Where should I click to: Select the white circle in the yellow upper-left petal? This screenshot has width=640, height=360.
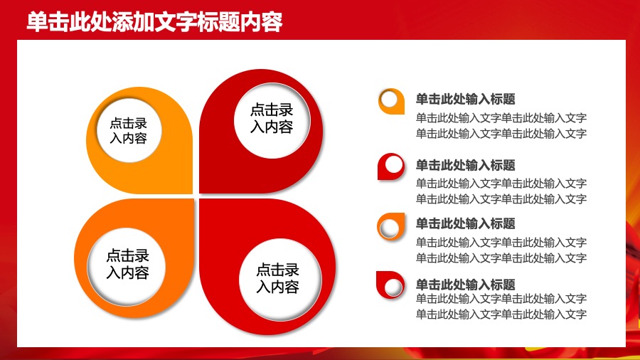click(128, 130)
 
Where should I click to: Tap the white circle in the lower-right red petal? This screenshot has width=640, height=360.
click(277, 278)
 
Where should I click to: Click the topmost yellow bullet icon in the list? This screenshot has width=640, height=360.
click(390, 101)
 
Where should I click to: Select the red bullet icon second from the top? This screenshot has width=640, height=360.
click(390, 166)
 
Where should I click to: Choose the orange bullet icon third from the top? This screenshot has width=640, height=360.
click(390, 226)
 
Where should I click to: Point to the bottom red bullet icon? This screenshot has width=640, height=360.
click(390, 285)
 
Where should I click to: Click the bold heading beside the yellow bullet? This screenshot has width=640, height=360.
click(465, 100)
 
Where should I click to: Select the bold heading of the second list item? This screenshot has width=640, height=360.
click(465, 165)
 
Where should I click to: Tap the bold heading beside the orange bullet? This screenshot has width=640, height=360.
click(465, 223)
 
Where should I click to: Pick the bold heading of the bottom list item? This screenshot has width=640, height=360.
click(465, 284)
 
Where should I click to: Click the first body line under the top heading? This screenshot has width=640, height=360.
click(501, 118)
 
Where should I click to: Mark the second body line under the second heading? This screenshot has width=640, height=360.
click(501, 198)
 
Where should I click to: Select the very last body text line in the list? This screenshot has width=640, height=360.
click(501, 314)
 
